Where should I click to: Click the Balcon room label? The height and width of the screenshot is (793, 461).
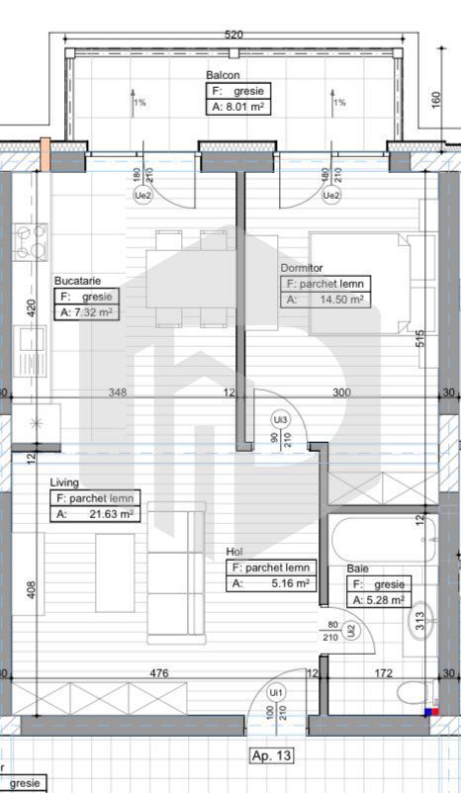point(223,75)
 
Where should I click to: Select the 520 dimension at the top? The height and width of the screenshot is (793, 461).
point(233,34)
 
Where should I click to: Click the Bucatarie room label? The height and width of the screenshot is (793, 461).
point(78,281)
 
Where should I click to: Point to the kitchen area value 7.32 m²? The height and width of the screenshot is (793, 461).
point(90,312)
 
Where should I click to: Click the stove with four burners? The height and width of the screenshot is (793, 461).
point(30,240)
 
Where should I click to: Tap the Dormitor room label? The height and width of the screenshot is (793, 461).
point(303,266)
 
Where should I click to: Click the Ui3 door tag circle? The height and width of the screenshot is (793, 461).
point(281,420)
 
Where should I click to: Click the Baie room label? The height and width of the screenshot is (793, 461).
point(357,570)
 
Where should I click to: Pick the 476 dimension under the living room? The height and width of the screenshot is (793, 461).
point(159,673)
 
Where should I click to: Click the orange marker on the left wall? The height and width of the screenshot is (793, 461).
point(45,153)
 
